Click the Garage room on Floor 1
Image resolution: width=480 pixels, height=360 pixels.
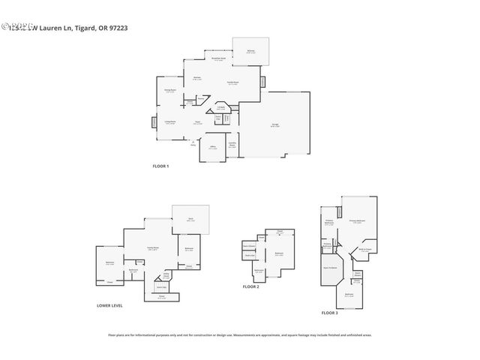tap(274, 125)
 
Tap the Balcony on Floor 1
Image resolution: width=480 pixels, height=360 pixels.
tap(251, 52)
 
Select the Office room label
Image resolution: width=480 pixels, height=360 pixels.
tap(212, 148)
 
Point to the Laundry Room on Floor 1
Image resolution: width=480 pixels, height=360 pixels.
tap(232, 146)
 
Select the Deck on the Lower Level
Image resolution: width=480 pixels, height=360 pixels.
tap(190, 219)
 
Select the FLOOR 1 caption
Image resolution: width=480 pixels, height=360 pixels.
tap(160, 166)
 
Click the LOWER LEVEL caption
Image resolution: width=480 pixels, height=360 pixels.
tap(109, 305)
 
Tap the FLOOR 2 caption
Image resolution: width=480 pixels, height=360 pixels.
tap(250, 286)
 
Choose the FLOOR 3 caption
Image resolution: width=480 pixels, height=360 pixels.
tap(329, 312)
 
